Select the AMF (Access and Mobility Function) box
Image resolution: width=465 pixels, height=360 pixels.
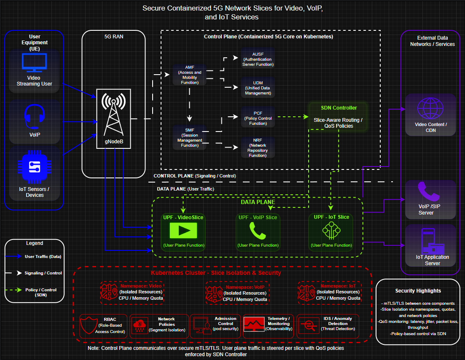(x=190, y=75)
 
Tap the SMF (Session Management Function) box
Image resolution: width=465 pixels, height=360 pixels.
(x=190, y=137)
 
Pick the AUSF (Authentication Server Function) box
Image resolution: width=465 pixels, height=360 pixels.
(x=258, y=59)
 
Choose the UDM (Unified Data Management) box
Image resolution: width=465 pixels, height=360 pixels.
(x=258, y=88)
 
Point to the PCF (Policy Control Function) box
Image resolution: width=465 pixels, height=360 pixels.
(x=258, y=118)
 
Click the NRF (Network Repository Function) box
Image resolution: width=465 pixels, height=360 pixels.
(x=258, y=148)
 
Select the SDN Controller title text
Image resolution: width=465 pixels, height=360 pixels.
(x=339, y=108)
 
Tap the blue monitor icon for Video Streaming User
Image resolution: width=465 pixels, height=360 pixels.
(x=35, y=62)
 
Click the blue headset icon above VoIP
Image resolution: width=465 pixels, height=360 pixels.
(x=35, y=116)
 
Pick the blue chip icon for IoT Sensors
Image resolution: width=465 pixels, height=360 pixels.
(x=35, y=167)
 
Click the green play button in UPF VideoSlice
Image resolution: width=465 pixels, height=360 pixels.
(x=183, y=231)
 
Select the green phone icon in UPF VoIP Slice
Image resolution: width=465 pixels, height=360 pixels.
(x=258, y=231)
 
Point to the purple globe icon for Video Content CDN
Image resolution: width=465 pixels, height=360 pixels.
(x=430, y=108)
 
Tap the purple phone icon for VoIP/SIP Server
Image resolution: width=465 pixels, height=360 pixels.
(x=428, y=191)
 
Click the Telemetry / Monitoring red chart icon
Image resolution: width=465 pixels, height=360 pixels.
(x=254, y=324)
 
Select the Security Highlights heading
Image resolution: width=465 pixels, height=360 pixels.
(x=418, y=291)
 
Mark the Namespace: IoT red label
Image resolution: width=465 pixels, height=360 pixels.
(x=338, y=286)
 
